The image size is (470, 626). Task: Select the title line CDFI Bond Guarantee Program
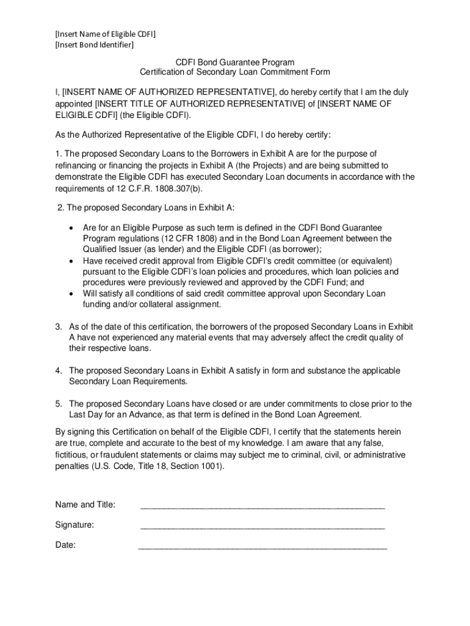pyautogui.click(x=235, y=62)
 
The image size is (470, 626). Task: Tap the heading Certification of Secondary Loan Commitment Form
pyautogui.click(x=235, y=73)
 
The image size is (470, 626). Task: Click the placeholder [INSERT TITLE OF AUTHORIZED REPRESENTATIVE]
pyautogui.click(x=200, y=104)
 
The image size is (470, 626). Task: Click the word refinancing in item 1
pyautogui.click(x=77, y=166)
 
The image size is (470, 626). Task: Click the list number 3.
pyautogui.click(x=58, y=326)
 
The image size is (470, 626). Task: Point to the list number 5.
pyautogui.click(x=58, y=404)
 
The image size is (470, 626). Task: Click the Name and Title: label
pyautogui.click(x=85, y=505)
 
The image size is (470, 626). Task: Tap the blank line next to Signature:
pyautogui.click(x=262, y=526)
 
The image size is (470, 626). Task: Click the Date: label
pyautogui.click(x=65, y=546)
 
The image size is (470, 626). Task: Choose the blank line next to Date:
pyautogui.click(x=262, y=548)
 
